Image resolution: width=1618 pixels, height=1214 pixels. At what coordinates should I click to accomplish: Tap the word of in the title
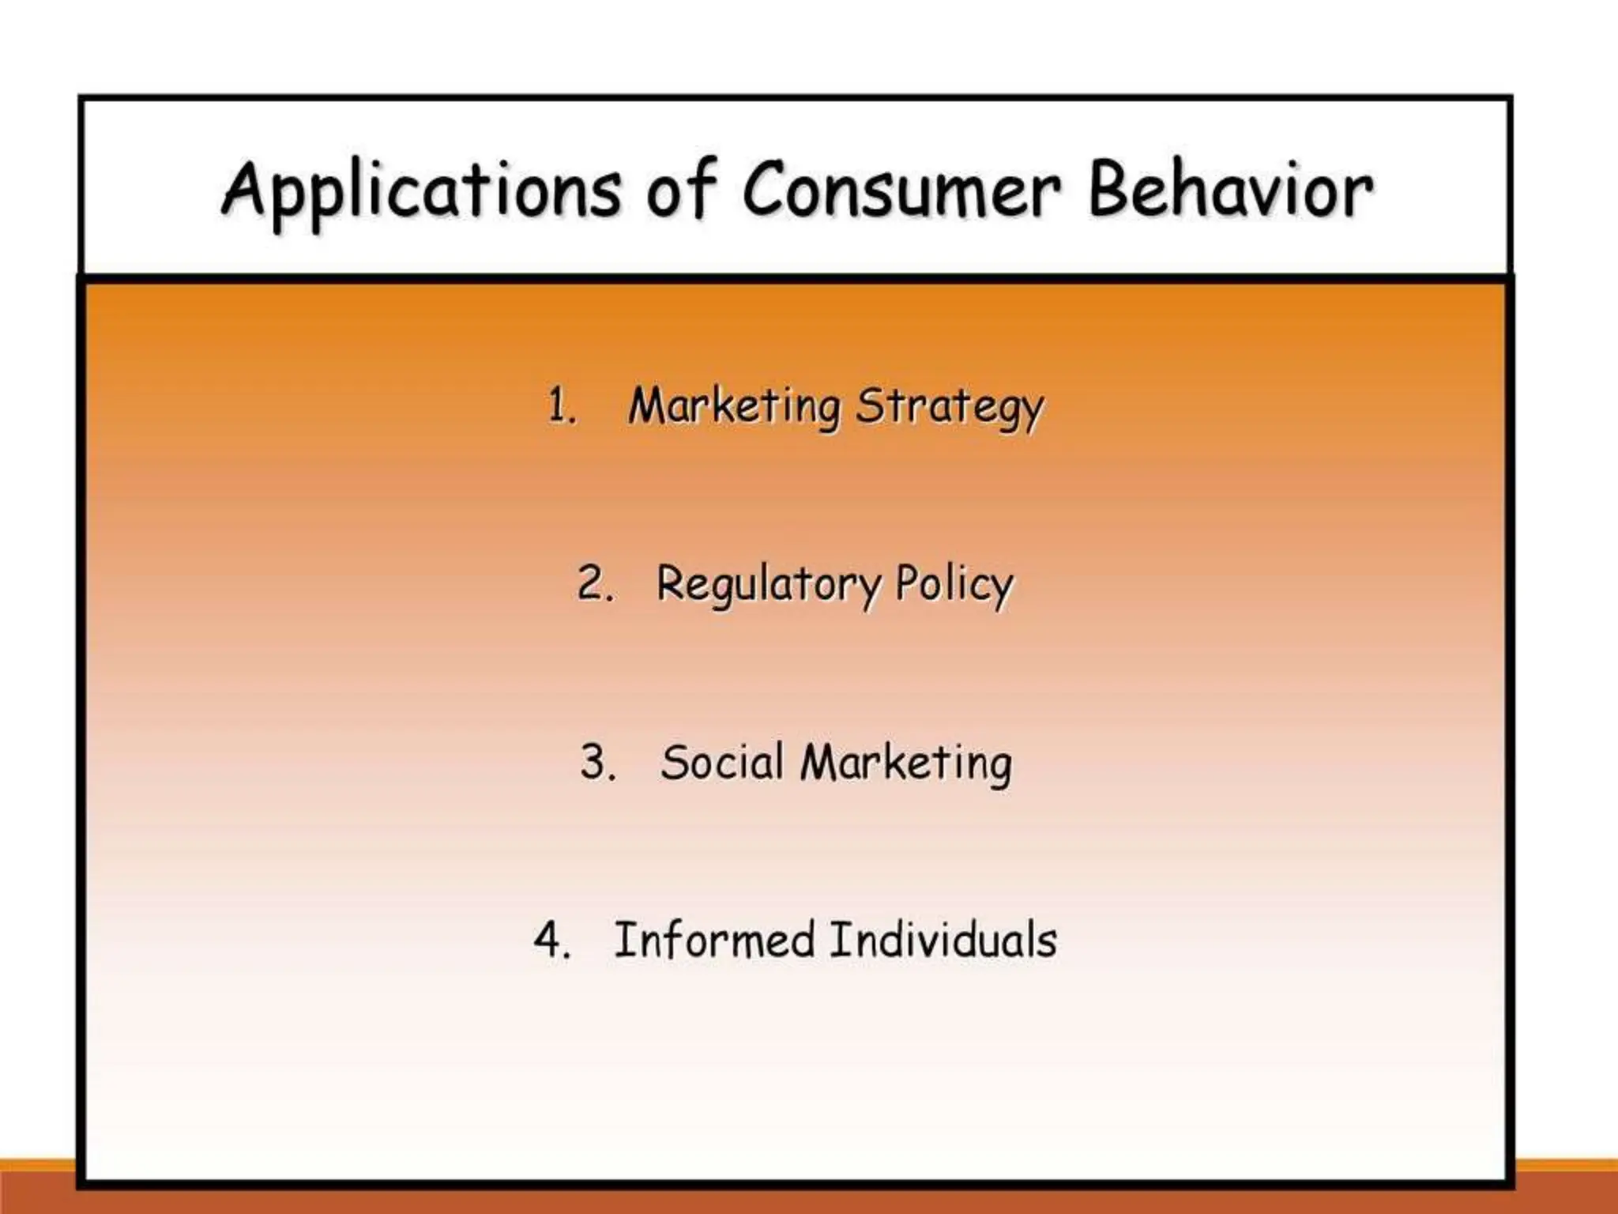pyautogui.click(x=681, y=190)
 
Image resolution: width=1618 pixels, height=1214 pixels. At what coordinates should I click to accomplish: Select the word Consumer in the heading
pyautogui.click(x=901, y=190)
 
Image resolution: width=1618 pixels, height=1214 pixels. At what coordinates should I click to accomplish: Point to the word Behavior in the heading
pyautogui.click(x=1230, y=190)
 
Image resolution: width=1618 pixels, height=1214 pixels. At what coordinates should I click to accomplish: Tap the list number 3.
pyautogui.click(x=596, y=763)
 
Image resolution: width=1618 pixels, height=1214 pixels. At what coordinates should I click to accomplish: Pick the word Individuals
pyautogui.click(x=943, y=941)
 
